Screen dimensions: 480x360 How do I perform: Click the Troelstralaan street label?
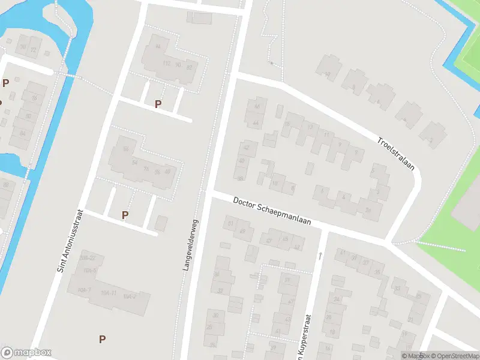(396, 154)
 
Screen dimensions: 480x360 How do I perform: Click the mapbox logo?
(26, 353)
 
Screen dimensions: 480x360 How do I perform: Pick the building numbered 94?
(158, 46)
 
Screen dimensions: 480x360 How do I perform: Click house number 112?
(167, 64)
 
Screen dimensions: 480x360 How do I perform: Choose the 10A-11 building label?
(109, 292)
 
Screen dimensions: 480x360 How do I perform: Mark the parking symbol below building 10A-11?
(102, 339)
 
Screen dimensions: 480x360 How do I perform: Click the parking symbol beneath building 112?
(158, 104)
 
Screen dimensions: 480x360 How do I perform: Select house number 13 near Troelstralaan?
(310, 127)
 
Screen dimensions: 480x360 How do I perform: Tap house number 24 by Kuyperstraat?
(337, 298)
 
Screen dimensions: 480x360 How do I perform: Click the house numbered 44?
(256, 123)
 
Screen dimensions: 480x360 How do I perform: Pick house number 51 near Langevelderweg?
(230, 224)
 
